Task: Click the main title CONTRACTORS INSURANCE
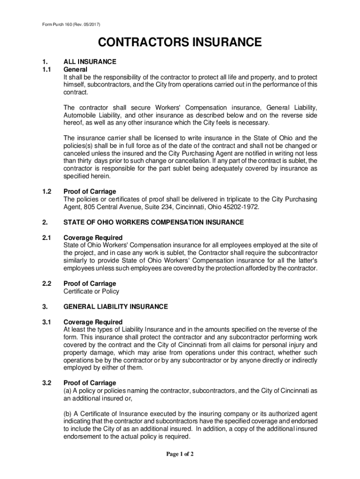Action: click(180, 43)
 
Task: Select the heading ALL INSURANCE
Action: click(90, 61)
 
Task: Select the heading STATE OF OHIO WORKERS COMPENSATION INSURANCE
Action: click(153, 222)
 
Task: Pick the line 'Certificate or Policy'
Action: click(91, 291)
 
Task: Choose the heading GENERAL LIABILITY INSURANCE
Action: click(115, 307)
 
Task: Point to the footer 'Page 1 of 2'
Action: click(180, 454)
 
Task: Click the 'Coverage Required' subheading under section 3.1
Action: click(93, 322)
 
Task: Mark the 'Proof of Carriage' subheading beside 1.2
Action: click(90, 192)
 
